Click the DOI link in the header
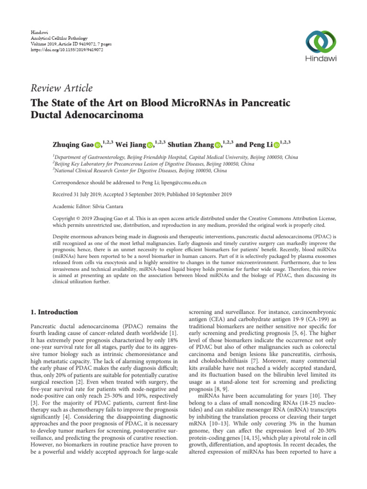59,49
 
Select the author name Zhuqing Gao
72,145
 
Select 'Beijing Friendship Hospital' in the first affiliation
148,157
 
